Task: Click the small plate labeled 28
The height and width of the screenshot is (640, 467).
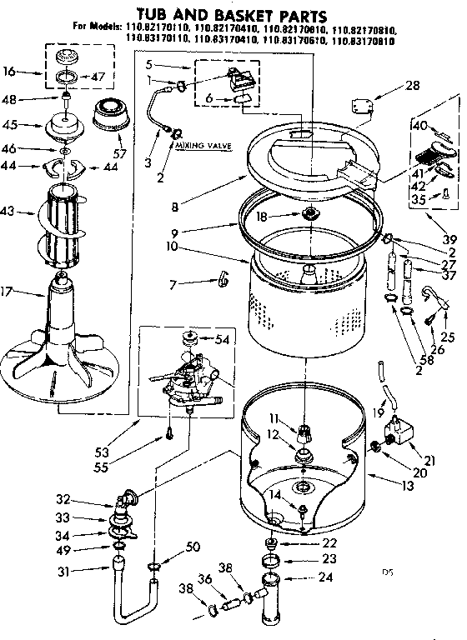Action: [362, 106]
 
